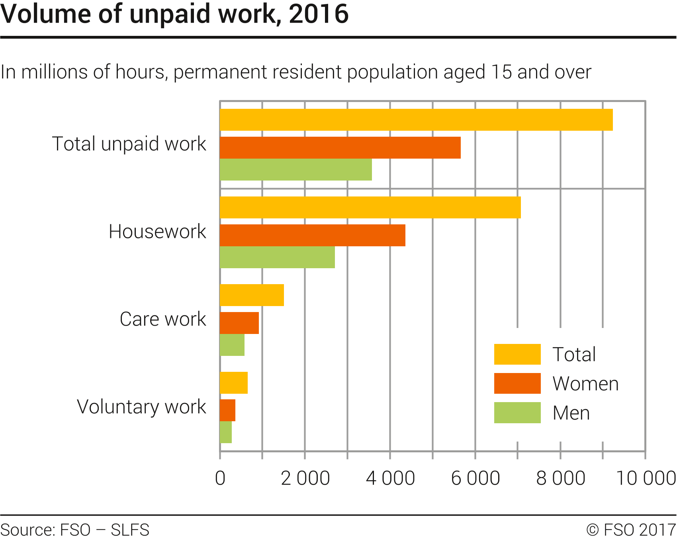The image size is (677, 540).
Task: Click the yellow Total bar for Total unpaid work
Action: point(416,120)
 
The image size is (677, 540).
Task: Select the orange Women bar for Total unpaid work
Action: point(340,147)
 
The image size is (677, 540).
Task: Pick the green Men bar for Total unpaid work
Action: point(295,169)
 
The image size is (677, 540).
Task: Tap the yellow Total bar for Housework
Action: point(370,207)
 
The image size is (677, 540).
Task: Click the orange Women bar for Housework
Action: point(312,235)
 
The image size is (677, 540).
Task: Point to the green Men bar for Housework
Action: point(277,257)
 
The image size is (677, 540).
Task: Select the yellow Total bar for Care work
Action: point(252,295)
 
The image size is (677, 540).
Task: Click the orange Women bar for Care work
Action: point(239,323)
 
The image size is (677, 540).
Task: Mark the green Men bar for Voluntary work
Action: point(226,432)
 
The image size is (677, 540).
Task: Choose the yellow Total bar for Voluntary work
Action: point(234,383)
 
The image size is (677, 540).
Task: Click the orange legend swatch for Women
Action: point(517,383)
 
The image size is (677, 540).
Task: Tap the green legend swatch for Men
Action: point(517,412)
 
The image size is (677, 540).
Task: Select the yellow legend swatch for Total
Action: point(517,354)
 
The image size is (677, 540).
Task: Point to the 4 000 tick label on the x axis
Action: point(390,478)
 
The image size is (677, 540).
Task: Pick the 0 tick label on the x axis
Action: point(220,478)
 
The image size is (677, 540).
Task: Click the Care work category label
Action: point(163,319)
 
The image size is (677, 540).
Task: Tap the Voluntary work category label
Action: point(141,407)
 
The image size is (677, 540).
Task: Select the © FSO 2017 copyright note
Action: point(631,530)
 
